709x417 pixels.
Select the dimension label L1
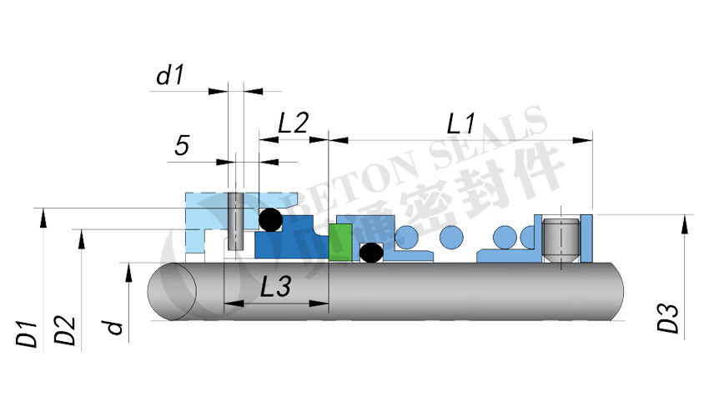[x=461, y=124]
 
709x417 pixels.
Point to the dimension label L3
[x=274, y=287]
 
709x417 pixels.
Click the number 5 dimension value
[x=181, y=146]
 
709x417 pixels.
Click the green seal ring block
[x=339, y=242]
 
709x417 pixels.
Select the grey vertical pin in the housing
[x=235, y=221]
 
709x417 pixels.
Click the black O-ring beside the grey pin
[x=269, y=220]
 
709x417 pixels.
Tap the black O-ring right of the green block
[x=370, y=251]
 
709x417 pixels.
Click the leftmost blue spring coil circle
[x=408, y=236]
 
